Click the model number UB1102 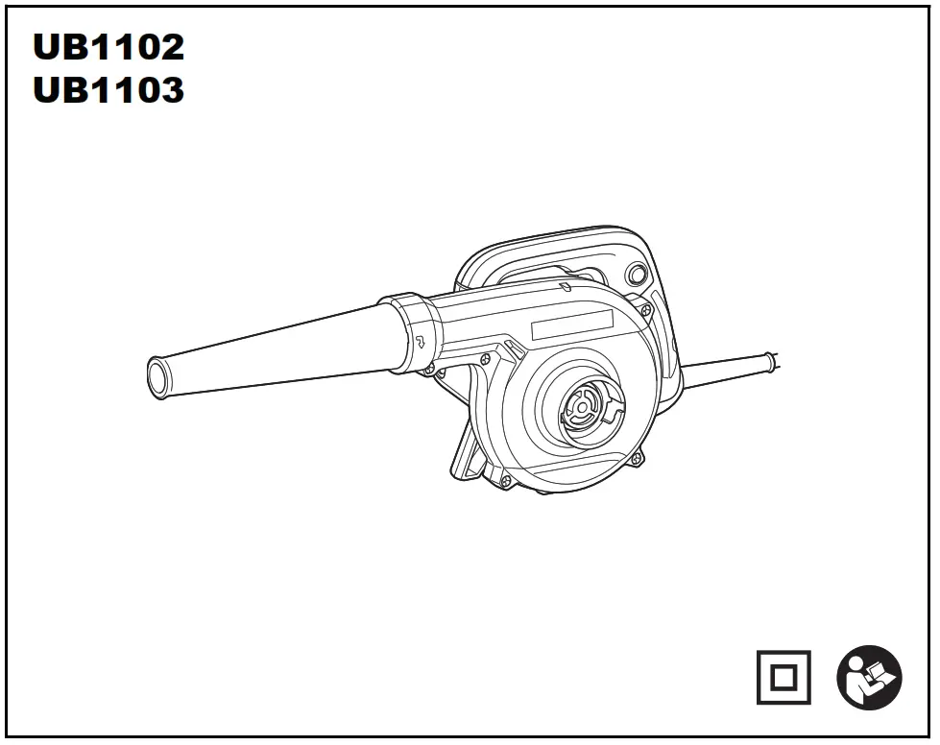pyautogui.click(x=108, y=46)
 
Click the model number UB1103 pyautogui.click(x=108, y=90)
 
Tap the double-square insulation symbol pyautogui.click(x=783, y=677)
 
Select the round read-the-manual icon pyautogui.click(x=869, y=677)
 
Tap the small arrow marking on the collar pyautogui.click(x=420, y=339)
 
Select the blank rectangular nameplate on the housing pyautogui.click(x=572, y=324)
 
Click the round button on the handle pyautogui.click(x=635, y=275)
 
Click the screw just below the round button pyautogui.click(x=646, y=309)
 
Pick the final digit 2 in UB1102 pyautogui.click(x=168, y=46)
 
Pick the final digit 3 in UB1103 pyautogui.click(x=168, y=90)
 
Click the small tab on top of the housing pyautogui.click(x=567, y=285)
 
